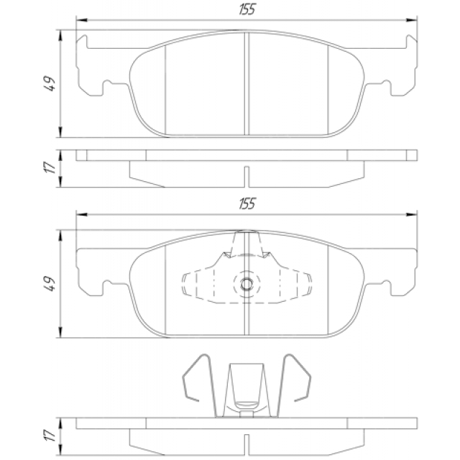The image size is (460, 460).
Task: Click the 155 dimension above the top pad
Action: [247, 9]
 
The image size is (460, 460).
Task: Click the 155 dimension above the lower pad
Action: [247, 203]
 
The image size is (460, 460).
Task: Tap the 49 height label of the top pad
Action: [50, 83]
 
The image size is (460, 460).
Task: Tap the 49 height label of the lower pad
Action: [50, 283]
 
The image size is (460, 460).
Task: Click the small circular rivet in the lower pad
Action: [247, 284]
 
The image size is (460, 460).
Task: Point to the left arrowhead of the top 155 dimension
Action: [82, 20]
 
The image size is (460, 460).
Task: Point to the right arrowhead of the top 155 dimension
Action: [411, 20]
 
